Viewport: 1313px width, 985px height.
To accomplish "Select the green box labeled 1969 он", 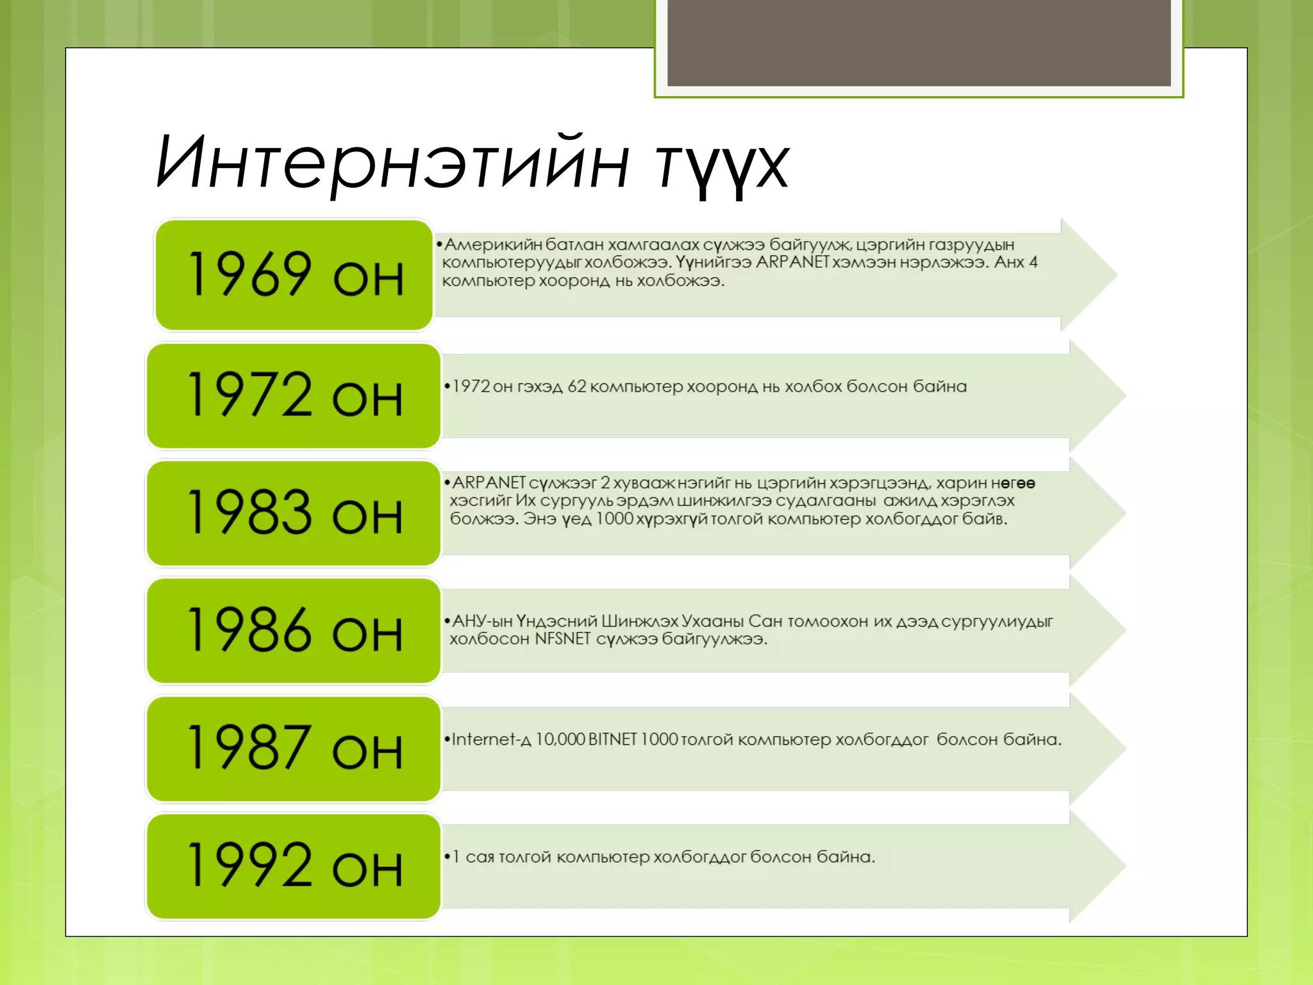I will pos(294,275).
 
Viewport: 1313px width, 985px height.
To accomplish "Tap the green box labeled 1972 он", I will pos(294,396).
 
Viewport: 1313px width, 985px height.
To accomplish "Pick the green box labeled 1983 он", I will pos(294,513).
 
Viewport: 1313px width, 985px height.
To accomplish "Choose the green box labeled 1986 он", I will pos(294,631).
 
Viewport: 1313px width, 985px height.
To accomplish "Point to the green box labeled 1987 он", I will pos(294,748).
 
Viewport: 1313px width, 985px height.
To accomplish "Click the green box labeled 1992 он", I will pos(294,866).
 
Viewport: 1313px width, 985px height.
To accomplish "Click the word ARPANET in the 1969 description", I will pos(792,262).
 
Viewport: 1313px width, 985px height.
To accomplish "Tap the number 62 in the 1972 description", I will pos(576,387).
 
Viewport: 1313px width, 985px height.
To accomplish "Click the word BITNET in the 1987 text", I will pos(612,739).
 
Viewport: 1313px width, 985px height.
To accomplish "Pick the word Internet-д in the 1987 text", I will pos(491,739).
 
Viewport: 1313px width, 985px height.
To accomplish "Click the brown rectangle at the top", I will pos(919,42).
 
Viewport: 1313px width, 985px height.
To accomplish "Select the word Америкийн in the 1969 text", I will pos(493,245).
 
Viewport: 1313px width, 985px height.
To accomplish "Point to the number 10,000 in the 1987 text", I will pos(560,739).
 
